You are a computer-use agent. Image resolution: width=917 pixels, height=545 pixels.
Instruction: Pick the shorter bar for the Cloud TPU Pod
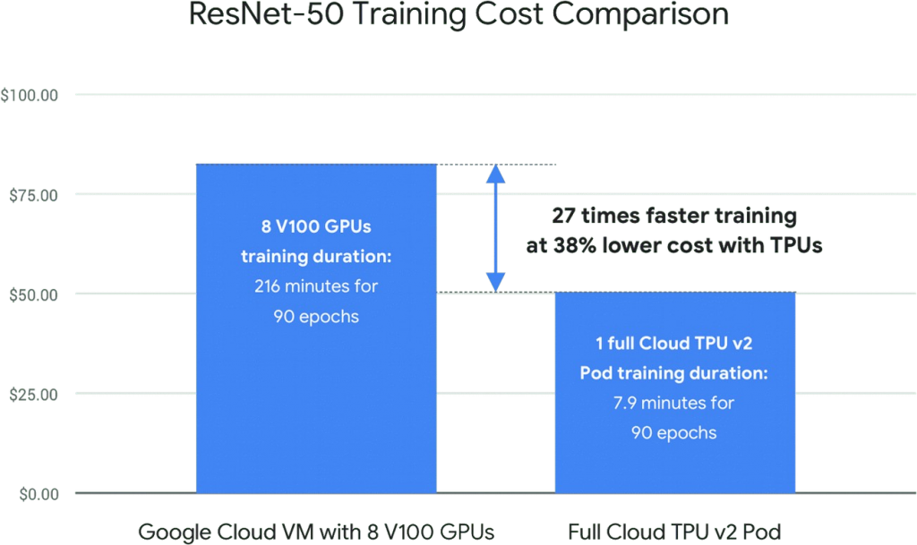coord(675,465)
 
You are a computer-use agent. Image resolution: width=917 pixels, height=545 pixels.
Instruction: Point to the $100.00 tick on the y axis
coord(30,95)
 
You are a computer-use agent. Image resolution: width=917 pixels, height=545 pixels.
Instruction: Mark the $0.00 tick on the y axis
coord(34,492)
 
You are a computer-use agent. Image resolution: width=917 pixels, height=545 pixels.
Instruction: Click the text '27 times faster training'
coord(673,217)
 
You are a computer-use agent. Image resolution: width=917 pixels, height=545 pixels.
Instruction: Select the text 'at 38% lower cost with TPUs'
coord(674,247)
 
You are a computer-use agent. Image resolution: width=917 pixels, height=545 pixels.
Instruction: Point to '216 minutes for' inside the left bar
coord(315,286)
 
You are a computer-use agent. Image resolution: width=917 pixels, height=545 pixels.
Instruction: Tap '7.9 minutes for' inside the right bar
coord(675,403)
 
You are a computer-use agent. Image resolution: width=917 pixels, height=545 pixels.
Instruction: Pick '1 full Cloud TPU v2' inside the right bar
coord(675,343)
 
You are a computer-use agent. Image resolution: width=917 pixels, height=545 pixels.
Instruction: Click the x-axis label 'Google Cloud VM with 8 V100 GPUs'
coord(316,532)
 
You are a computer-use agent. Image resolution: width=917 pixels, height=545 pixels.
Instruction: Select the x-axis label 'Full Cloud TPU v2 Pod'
coord(675,532)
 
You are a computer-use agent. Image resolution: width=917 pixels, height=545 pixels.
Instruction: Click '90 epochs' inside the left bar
coord(315,317)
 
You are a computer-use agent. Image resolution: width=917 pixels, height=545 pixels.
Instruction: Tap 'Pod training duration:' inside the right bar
coord(675,373)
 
